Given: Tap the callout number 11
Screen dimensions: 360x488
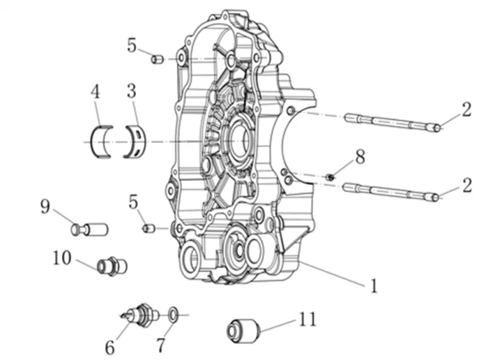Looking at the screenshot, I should [307, 320].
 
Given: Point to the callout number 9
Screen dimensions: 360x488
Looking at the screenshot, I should [45, 207].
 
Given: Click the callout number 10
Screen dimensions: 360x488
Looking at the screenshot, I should [61, 258].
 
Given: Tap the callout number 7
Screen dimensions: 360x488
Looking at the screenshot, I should [162, 345].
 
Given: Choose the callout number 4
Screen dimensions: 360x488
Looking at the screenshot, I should [96, 91].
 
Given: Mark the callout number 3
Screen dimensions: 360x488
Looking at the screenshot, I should [132, 91].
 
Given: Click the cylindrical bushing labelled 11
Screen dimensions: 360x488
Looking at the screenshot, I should [243, 330].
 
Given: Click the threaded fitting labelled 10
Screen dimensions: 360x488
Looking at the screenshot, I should [112, 266].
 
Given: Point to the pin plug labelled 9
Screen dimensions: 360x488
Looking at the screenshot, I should [90, 228].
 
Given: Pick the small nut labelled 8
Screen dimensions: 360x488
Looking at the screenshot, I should [330, 177].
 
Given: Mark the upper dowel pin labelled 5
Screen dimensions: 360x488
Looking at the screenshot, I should [157, 59].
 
